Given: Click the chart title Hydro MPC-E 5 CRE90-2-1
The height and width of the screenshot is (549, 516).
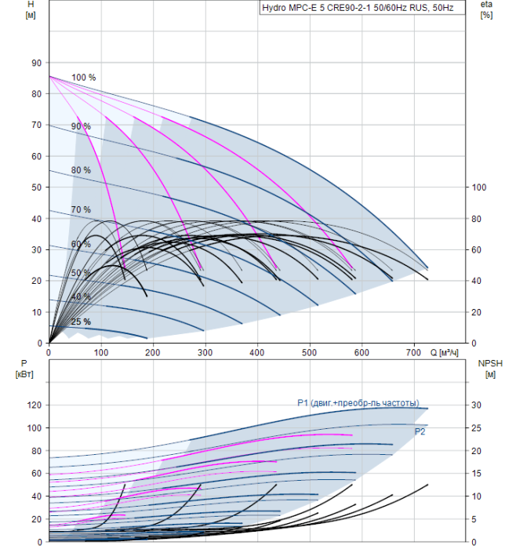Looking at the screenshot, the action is pyautogui.click(x=317, y=8).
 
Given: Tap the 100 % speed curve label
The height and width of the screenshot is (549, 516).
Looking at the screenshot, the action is pyautogui.click(x=83, y=78).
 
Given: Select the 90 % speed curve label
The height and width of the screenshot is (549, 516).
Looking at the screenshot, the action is pyautogui.click(x=81, y=126).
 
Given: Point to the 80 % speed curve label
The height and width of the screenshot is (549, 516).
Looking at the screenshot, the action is pyautogui.click(x=81, y=170).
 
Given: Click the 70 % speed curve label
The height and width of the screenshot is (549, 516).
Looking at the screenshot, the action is pyautogui.click(x=81, y=209).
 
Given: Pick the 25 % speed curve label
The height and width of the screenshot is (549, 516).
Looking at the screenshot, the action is pyautogui.click(x=81, y=322).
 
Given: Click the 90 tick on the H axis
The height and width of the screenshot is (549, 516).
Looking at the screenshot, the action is pyautogui.click(x=36, y=63).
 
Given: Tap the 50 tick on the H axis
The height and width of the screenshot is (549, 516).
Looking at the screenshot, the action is pyautogui.click(x=36, y=187).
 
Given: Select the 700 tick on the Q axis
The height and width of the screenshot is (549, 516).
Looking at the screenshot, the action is pyautogui.click(x=413, y=352).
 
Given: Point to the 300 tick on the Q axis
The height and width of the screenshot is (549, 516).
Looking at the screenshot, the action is pyautogui.click(x=205, y=352).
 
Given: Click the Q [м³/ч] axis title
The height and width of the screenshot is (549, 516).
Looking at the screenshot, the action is pyautogui.click(x=444, y=352).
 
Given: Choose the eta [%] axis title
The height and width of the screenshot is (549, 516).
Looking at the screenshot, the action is pyautogui.click(x=487, y=9).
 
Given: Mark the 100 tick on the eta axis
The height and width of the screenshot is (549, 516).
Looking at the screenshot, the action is pyautogui.click(x=479, y=187).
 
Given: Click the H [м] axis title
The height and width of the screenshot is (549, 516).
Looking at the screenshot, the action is pyautogui.click(x=31, y=9).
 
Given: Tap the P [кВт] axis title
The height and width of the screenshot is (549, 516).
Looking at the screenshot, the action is pyautogui.click(x=24, y=369).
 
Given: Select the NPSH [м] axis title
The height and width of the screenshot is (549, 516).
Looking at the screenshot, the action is pyautogui.click(x=490, y=369).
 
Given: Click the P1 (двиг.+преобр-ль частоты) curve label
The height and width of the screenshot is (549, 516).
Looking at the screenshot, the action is pyautogui.click(x=358, y=403).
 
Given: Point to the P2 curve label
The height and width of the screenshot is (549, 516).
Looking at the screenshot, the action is pyautogui.click(x=420, y=431).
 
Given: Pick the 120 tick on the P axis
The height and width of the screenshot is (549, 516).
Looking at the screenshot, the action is pyautogui.click(x=35, y=405).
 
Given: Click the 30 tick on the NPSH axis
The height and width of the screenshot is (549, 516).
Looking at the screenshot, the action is pyautogui.click(x=476, y=405).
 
